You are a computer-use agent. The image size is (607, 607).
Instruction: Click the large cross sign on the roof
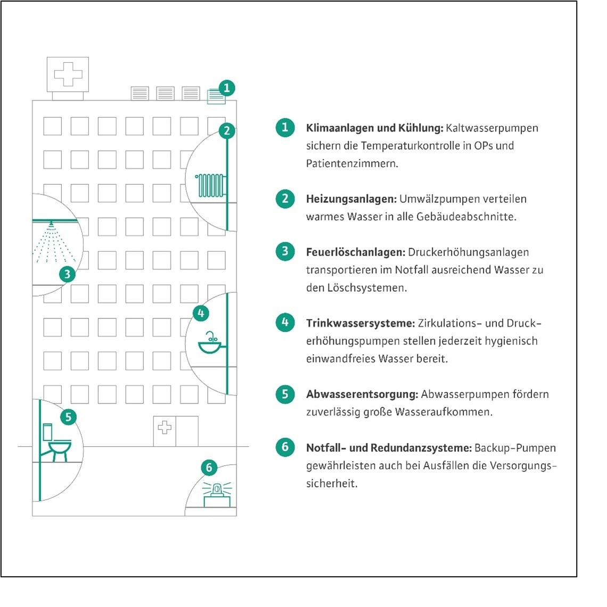(x=68, y=74)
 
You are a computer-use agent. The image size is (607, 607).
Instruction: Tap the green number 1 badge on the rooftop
(x=227, y=88)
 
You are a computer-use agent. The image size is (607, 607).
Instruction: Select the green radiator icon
(x=210, y=185)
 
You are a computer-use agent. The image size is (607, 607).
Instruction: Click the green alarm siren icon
(x=217, y=491)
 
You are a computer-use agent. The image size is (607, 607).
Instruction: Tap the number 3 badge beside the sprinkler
(x=67, y=274)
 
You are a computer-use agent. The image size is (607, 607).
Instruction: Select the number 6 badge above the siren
(x=209, y=467)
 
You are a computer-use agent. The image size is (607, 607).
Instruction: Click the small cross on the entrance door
(x=165, y=427)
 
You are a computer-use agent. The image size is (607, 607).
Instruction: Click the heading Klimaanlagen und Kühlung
(x=374, y=128)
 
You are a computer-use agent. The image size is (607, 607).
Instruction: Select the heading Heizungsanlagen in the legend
(x=351, y=199)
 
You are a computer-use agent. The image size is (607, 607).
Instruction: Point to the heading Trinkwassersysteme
(x=360, y=323)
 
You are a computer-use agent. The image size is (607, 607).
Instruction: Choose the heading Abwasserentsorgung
(x=362, y=395)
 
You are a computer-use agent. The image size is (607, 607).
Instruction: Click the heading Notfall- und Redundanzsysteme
(x=389, y=448)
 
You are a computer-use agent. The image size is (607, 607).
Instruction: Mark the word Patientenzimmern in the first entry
(x=352, y=163)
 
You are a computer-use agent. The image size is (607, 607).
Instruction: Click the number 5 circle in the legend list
(x=285, y=394)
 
